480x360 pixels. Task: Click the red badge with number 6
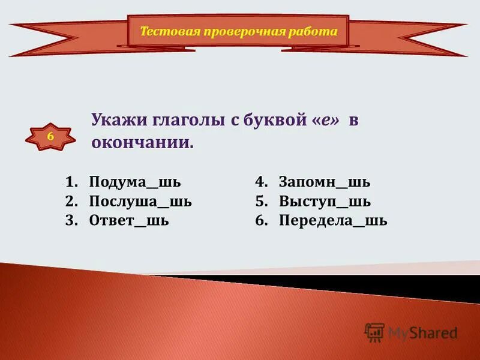tap(50, 137)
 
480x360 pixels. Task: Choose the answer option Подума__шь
tap(134, 182)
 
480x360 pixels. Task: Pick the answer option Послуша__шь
tap(140, 201)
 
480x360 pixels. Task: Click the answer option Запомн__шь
tap(325, 182)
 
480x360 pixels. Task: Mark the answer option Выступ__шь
tap(325, 201)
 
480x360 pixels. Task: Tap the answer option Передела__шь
tap(333, 220)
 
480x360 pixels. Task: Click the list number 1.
tap(71, 182)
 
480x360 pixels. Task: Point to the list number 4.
tap(261, 182)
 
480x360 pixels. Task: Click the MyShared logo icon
tap(374, 332)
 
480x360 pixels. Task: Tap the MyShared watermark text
tap(422, 332)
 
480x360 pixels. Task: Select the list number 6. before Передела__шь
tap(261, 220)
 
